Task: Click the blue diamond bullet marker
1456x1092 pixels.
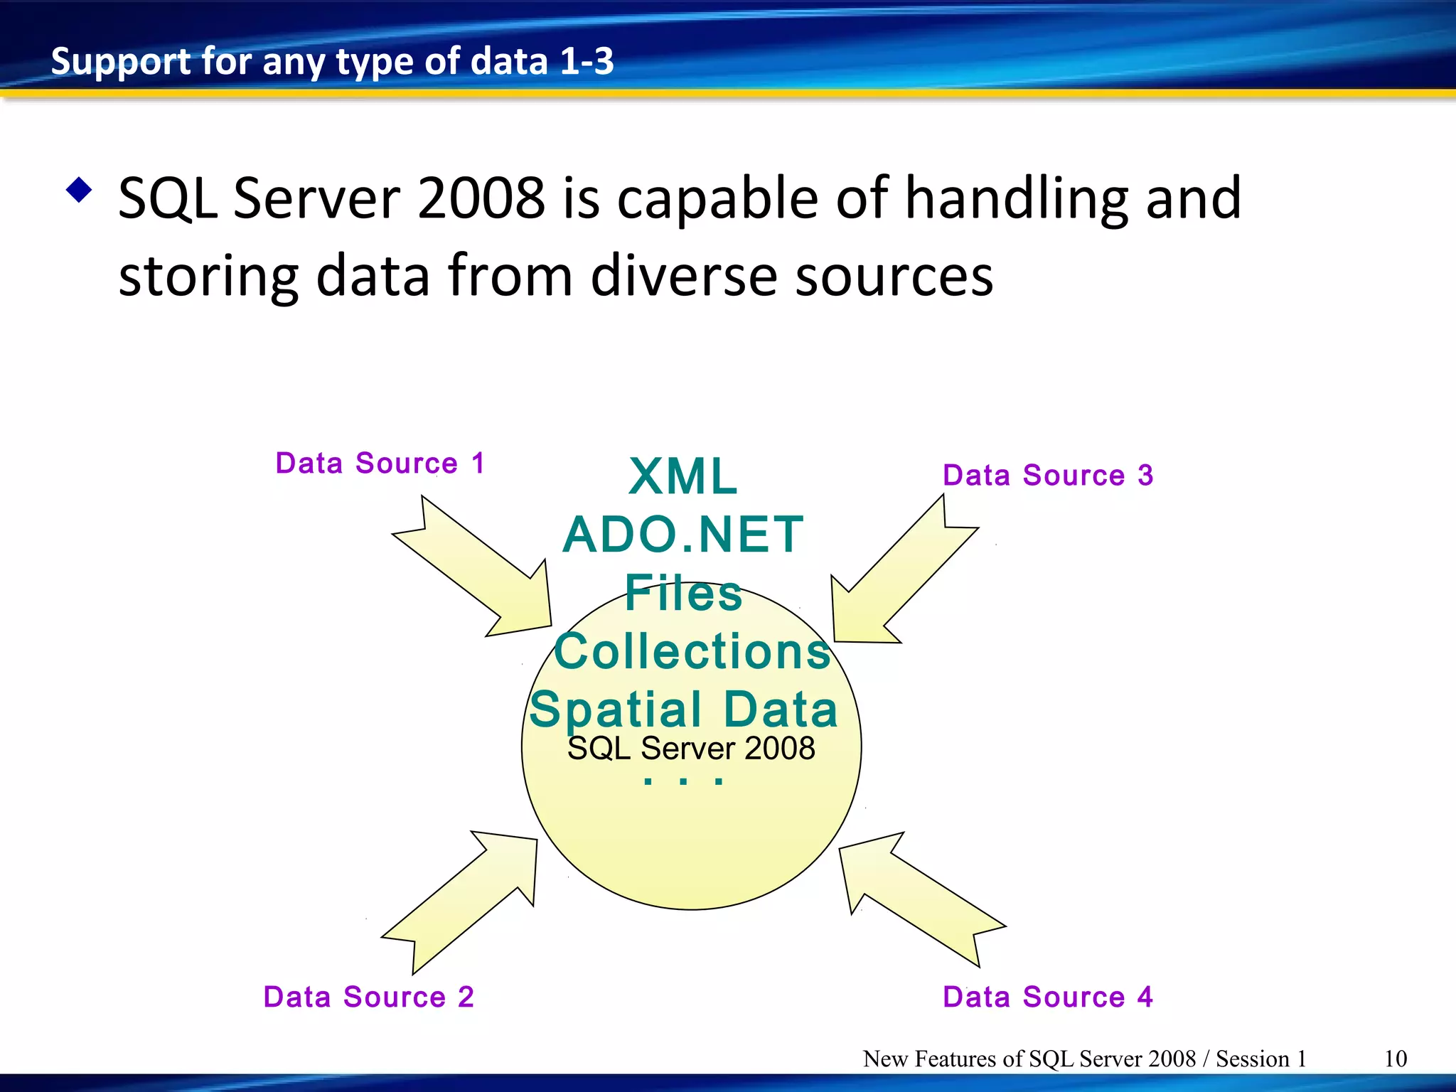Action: [x=79, y=190]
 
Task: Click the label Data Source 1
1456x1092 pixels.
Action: [x=380, y=464]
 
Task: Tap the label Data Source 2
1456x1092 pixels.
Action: [x=368, y=997]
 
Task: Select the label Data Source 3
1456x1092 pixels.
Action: [x=1047, y=475]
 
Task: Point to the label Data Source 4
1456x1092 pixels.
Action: [x=1047, y=997]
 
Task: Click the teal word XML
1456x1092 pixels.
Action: [x=683, y=476]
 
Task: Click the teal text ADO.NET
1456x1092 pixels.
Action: [x=683, y=535]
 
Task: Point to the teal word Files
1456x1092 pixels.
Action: [x=683, y=593]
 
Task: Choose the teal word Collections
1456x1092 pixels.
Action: [x=692, y=651]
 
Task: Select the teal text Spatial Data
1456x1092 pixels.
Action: [x=683, y=710]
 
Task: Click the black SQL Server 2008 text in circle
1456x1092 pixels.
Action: [x=691, y=749]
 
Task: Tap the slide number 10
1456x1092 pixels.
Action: [x=1396, y=1059]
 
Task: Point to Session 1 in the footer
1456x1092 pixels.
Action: [x=1260, y=1059]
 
